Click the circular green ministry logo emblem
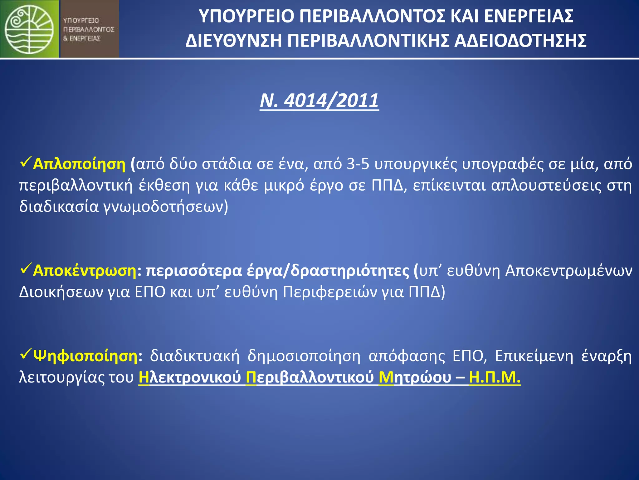point(29,29)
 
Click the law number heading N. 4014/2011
point(319,101)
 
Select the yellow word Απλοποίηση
point(79,164)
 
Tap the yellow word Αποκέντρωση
point(85,271)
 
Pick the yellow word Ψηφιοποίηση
point(85,356)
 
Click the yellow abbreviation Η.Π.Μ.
point(495,377)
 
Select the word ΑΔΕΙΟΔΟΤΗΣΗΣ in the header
point(520,41)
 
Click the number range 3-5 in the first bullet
point(358,164)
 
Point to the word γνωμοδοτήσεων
point(166,207)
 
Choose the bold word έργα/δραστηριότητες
point(328,271)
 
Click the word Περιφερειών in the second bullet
point(330,292)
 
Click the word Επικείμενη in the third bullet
point(534,356)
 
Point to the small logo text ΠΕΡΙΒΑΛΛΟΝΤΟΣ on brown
point(89,29)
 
